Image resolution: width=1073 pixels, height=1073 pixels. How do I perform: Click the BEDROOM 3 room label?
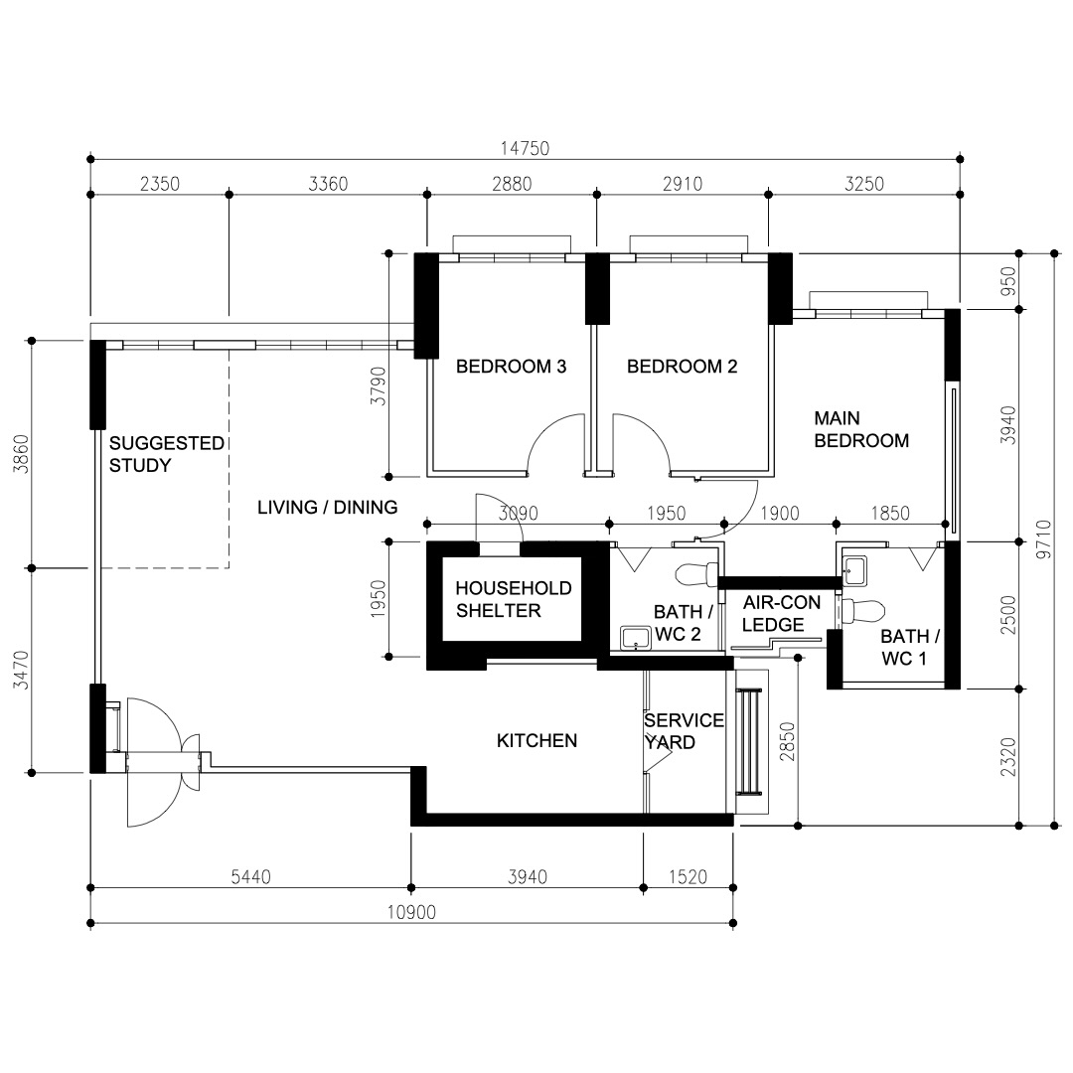511,367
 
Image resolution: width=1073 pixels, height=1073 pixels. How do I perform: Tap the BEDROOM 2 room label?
682,367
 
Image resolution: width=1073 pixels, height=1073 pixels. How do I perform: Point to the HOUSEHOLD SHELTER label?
514,599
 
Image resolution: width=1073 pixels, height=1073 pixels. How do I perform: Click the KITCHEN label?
536,741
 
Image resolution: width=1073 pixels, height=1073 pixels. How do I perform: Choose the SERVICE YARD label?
684,731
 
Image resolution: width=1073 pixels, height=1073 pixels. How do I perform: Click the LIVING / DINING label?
327,508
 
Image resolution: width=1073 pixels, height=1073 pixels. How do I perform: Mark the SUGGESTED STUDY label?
166,454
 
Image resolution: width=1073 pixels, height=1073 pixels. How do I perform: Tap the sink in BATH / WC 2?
632,637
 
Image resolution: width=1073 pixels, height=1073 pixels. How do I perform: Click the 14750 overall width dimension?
525,148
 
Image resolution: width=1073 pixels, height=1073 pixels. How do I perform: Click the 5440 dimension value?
250,876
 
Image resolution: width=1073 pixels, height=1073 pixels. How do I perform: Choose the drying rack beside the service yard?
749,740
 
